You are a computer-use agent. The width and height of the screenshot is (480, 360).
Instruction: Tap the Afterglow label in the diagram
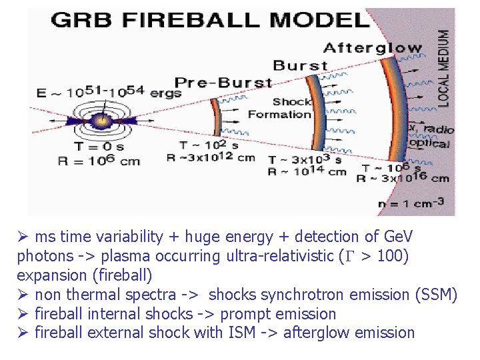(x=373, y=48)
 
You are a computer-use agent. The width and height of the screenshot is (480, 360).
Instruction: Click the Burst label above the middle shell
(x=301, y=65)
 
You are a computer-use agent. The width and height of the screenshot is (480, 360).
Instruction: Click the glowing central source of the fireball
(x=101, y=121)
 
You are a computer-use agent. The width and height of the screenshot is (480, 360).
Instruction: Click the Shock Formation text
(x=280, y=108)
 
